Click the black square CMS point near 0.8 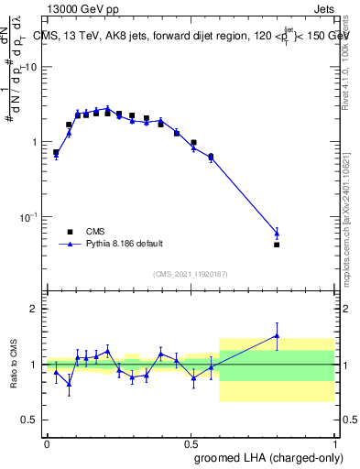click(x=277, y=245)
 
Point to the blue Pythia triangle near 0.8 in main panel click(x=277, y=233)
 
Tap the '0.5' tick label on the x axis click(x=191, y=442)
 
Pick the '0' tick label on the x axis click(x=47, y=442)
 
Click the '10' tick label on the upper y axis click(x=31, y=68)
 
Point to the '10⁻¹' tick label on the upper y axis click(x=29, y=216)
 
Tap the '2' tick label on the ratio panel click(x=35, y=309)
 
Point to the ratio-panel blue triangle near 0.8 click(x=277, y=336)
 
